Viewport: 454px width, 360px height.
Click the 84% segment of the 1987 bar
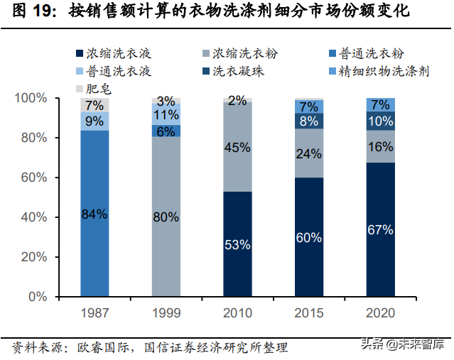click(94, 213)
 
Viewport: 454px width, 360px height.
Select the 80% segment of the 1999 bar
click(166, 217)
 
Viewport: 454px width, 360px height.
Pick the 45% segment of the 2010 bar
click(237, 147)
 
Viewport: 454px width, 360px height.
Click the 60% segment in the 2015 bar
click(309, 236)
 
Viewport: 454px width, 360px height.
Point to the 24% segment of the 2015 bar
click(309, 153)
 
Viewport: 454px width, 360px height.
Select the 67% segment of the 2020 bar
click(381, 229)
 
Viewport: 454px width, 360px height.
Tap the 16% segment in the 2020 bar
click(381, 146)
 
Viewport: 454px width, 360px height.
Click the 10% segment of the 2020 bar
click(381, 121)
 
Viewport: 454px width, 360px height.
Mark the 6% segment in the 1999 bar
click(166, 131)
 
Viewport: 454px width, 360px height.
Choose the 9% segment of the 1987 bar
click(94, 121)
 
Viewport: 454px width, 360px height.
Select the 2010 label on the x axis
click(237, 313)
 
